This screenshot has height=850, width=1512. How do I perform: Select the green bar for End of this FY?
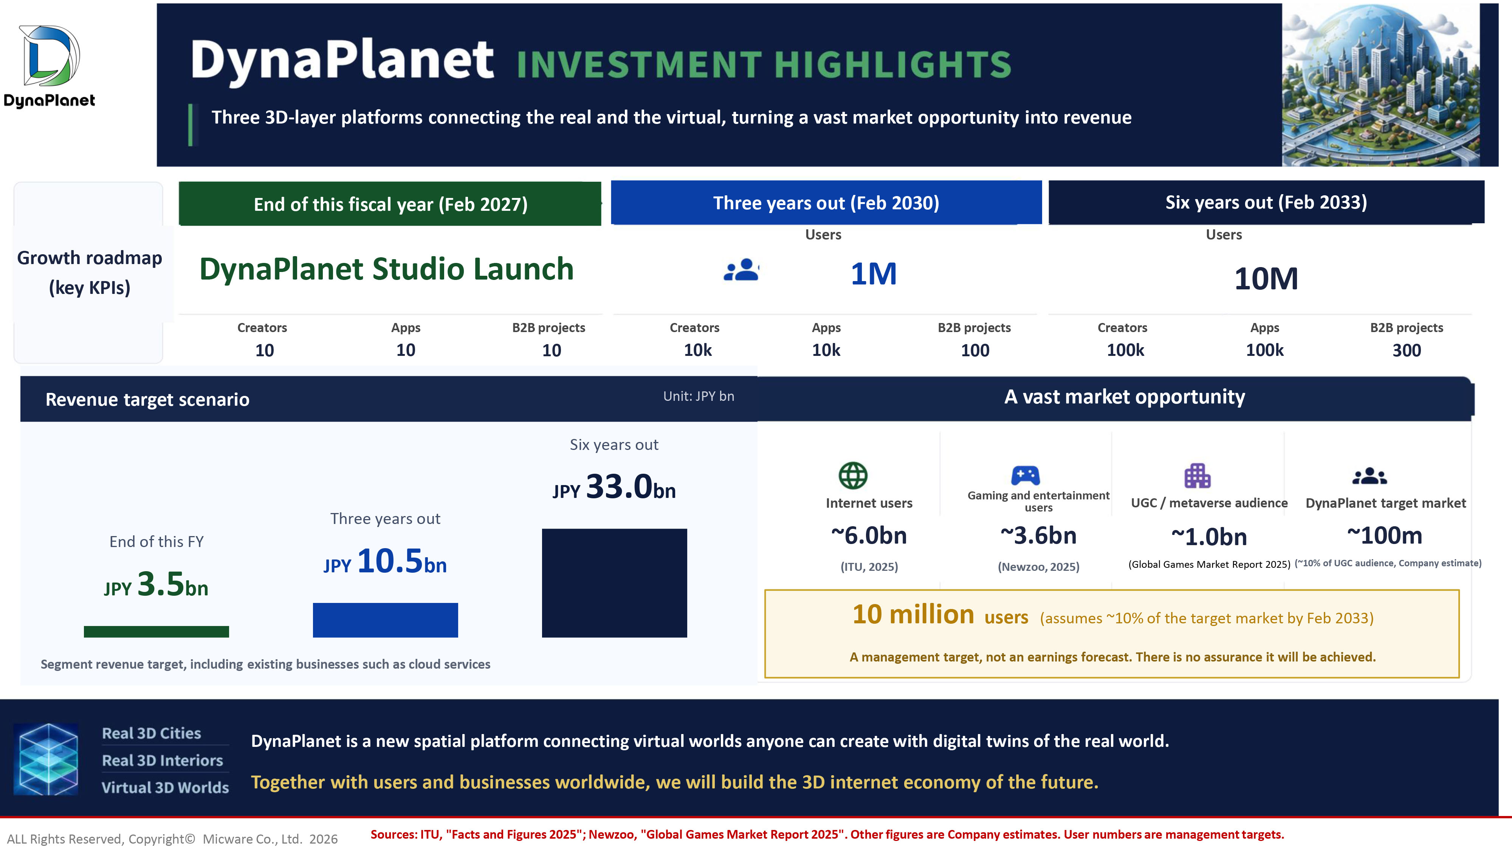[x=156, y=631]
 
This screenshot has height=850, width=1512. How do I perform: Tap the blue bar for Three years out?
[x=385, y=620]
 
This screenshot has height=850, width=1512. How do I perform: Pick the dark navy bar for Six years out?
[x=614, y=583]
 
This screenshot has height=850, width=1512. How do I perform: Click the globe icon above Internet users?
[x=853, y=475]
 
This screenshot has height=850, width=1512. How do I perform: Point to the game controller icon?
[x=1026, y=475]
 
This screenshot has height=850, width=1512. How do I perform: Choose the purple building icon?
[x=1198, y=476]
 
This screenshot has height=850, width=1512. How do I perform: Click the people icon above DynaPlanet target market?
[x=1369, y=476]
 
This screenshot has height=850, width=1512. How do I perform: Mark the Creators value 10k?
[x=697, y=350]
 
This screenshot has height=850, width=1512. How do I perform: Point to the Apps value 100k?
[x=1264, y=350]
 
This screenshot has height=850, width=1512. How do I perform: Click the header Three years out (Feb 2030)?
[x=826, y=203]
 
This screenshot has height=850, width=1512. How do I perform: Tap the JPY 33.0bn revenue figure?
[x=614, y=487]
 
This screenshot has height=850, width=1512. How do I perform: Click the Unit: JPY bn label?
[x=699, y=397]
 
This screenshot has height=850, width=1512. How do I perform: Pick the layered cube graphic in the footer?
[x=46, y=759]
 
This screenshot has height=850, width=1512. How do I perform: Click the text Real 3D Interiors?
[x=163, y=760]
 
